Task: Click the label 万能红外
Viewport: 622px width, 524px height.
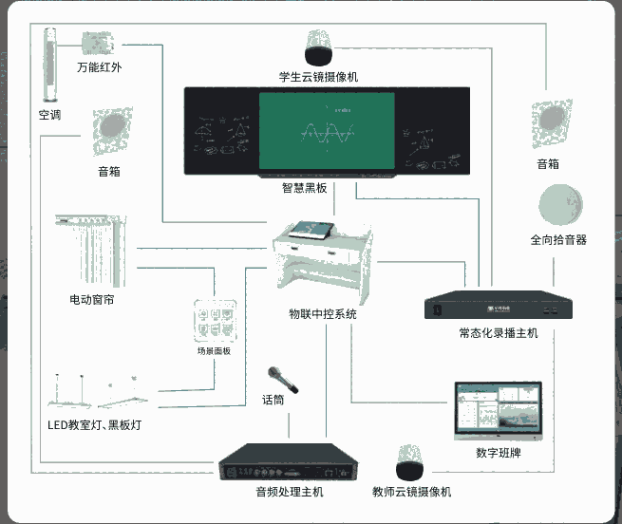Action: click(x=100, y=68)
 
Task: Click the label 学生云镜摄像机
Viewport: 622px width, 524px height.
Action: click(x=318, y=75)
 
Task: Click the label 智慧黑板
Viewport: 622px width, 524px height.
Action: click(x=304, y=188)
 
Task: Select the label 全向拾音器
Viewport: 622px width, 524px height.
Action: click(x=558, y=239)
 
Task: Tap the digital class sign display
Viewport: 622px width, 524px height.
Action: click(x=498, y=410)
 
